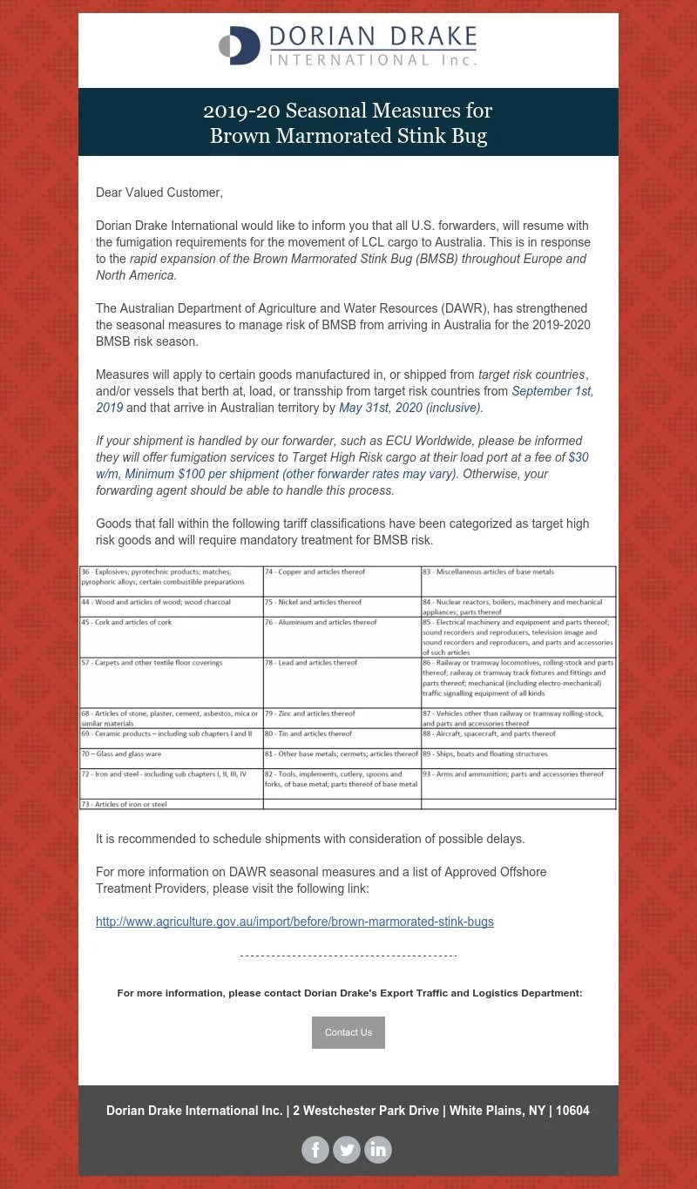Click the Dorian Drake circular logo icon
click(x=240, y=45)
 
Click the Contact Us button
click(x=348, y=1032)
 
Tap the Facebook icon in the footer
click(x=315, y=1150)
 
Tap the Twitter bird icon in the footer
click(x=347, y=1150)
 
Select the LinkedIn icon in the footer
click(x=378, y=1150)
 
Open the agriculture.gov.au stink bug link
click(x=294, y=921)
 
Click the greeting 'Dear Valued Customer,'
click(x=159, y=193)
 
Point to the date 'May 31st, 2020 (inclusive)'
click(x=410, y=408)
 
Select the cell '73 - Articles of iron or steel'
click(x=124, y=805)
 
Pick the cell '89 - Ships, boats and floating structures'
click(x=485, y=753)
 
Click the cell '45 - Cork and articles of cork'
click(x=127, y=623)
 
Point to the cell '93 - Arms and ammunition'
click(x=513, y=774)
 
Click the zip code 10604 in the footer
click(x=572, y=1111)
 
